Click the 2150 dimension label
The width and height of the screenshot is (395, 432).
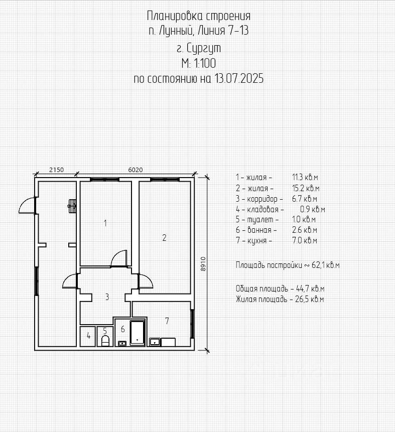pyautogui.click(x=57, y=170)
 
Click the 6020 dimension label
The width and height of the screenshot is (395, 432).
pyautogui.click(x=136, y=170)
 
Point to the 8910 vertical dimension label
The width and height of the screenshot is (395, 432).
pyautogui.click(x=203, y=264)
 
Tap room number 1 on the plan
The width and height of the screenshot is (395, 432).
pyautogui.click(x=105, y=223)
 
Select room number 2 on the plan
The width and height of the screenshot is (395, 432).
pyautogui.click(x=164, y=237)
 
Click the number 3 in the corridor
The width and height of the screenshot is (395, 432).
pyautogui.click(x=107, y=297)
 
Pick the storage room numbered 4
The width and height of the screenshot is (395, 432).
pyautogui.click(x=88, y=336)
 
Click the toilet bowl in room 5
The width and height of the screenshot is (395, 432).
pyautogui.click(x=105, y=341)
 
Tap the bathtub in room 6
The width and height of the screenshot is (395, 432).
pyautogui.click(x=138, y=333)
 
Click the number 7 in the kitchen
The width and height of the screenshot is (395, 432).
pyautogui.click(x=167, y=321)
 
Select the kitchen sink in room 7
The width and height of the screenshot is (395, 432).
pyautogui.click(x=155, y=342)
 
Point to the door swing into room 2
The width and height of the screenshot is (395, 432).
pyautogui.click(x=146, y=281)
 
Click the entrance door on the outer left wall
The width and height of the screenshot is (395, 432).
pyautogui.click(x=27, y=206)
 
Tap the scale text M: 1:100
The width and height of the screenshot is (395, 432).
pyautogui.click(x=198, y=63)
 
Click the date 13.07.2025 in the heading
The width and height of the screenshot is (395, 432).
pyautogui.click(x=239, y=78)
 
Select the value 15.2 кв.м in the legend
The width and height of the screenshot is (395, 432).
pyautogui.click(x=306, y=188)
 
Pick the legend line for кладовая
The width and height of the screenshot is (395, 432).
pyautogui.click(x=281, y=209)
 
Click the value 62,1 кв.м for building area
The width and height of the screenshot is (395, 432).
pyautogui.click(x=326, y=265)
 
